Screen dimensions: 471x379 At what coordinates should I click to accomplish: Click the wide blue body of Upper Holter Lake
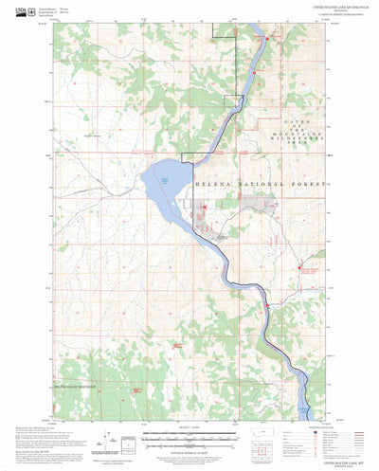coord(162,179)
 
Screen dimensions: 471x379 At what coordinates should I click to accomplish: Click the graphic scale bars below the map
coord(189,437)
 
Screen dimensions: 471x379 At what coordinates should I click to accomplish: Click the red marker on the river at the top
coord(267,39)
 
